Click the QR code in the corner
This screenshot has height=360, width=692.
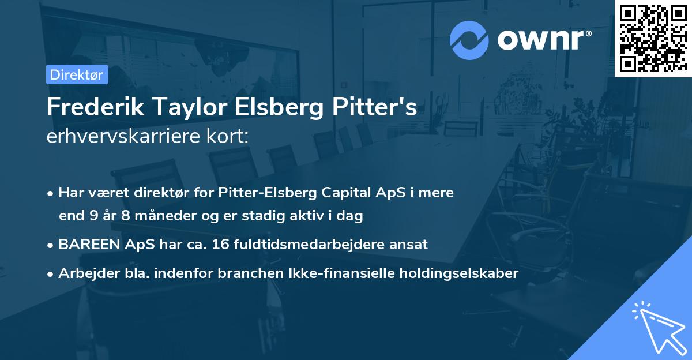pos(652,38)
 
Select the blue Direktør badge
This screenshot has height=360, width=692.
pos(77,74)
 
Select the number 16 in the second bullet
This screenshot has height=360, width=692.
pos(221,245)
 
